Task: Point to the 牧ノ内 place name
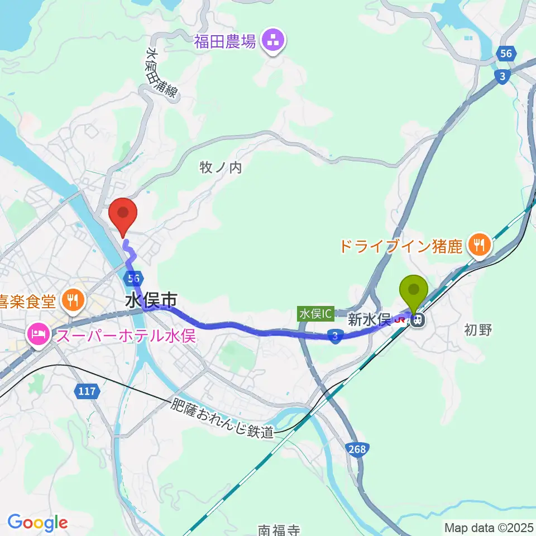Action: point(221,167)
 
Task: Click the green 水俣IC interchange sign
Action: point(315,314)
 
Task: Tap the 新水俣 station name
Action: point(368,319)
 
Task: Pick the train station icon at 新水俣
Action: point(417,320)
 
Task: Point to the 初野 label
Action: point(477,330)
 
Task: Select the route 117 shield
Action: point(87,391)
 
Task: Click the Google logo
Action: point(37,523)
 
